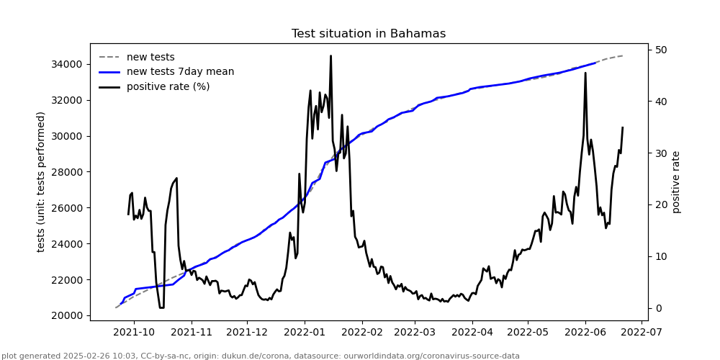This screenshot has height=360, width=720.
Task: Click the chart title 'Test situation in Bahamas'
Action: (x=368, y=34)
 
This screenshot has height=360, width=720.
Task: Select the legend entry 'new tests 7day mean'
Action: (x=180, y=72)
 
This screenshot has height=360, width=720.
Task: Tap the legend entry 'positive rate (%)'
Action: (x=168, y=87)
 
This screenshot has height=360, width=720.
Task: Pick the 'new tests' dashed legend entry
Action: (x=150, y=58)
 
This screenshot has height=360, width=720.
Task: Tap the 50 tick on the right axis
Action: (x=660, y=50)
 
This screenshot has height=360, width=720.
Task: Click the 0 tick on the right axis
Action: (x=657, y=308)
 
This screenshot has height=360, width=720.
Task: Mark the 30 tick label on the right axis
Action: (x=660, y=153)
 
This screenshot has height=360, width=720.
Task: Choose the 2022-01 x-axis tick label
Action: (x=304, y=333)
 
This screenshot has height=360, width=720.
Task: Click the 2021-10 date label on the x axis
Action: (x=135, y=333)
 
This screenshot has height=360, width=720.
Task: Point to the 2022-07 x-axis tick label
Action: (x=641, y=333)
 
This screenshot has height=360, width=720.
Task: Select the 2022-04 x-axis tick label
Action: (x=472, y=333)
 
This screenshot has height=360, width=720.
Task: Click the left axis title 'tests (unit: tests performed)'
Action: (x=41, y=181)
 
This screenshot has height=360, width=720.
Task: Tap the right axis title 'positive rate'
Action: (x=676, y=181)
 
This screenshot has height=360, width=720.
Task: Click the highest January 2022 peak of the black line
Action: (x=330, y=55)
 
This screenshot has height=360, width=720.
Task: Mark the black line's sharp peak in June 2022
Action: (x=585, y=73)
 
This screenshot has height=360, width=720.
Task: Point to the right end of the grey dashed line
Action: (x=623, y=55)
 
